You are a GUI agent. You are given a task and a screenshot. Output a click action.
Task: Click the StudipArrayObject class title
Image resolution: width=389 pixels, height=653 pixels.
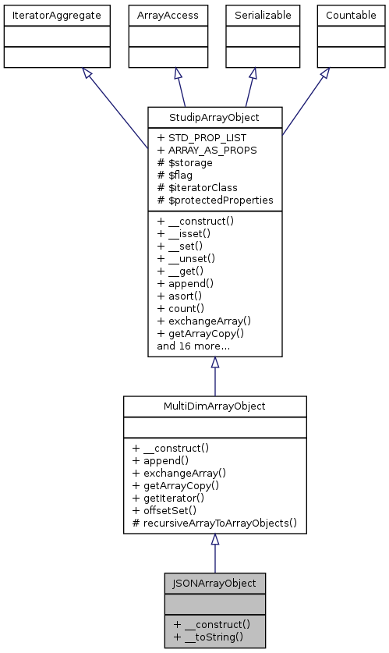(x=214, y=119)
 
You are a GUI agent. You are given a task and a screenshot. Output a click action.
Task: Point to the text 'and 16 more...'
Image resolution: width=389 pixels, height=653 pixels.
(x=193, y=346)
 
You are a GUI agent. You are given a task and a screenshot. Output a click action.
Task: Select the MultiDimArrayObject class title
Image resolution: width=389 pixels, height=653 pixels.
(x=214, y=407)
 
